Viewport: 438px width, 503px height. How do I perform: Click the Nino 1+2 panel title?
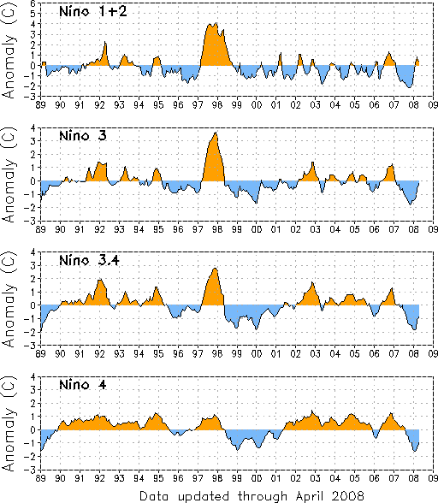pyautogui.click(x=93, y=12)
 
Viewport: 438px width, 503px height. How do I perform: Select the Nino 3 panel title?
pyautogui.click(x=83, y=136)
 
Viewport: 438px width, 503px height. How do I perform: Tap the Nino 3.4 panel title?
pyautogui.click(x=89, y=260)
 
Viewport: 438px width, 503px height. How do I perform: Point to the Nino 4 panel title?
pyautogui.click(x=83, y=385)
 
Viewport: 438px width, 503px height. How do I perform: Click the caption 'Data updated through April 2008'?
pyautogui.click(x=252, y=496)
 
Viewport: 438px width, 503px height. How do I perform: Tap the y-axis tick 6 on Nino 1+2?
pyautogui.click(x=33, y=3)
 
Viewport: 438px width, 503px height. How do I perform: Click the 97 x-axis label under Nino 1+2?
pyautogui.click(x=198, y=105)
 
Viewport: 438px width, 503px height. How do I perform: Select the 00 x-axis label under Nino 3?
pyautogui.click(x=257, y=229)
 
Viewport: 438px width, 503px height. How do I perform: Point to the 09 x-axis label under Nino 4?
pyautogui.click(x=433, y=478)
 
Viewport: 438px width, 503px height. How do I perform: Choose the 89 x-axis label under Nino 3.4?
pyautogui.click(x=40, y=354)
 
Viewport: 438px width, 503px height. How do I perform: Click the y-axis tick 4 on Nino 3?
pyautogui.click(x=33, y=128)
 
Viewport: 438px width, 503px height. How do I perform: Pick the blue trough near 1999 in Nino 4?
pyautogui.click(x=238, y=440)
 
